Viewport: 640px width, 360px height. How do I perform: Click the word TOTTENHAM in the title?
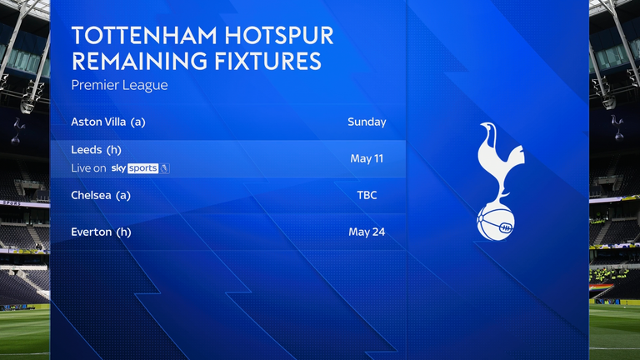[x=133, y=36]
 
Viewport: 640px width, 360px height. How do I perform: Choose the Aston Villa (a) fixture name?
[x=108, y=122]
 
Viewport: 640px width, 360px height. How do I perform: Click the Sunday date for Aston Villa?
[x=367, y=122]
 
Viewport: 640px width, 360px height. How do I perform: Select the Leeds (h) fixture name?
[x=98, y=150]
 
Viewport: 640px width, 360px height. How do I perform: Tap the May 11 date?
[x=367, y=158]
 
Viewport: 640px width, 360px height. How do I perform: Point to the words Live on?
[x=88, y=167]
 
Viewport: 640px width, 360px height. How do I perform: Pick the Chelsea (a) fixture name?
[x=101, y=195]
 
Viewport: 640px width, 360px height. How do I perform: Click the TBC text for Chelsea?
[x=367, y=195]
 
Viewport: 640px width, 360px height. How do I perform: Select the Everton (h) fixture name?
[x=102, y=232]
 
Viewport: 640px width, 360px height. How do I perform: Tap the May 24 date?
[x=367, y=232]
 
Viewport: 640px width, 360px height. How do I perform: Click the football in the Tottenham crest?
[x=496, y=222]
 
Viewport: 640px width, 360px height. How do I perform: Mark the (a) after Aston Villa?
[x=137, y=122]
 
